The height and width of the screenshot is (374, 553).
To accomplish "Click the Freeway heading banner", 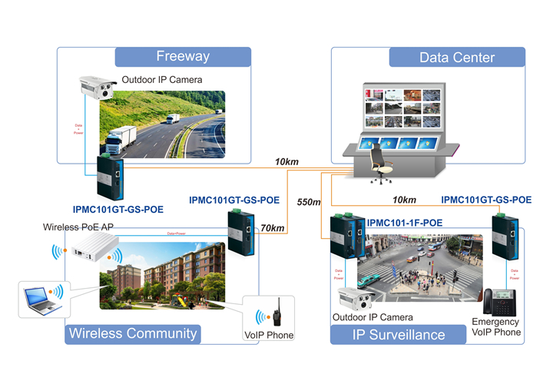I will coord(183,56).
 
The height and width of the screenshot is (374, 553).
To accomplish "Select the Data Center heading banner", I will coord(457,58).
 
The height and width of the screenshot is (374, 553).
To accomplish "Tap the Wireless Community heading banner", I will coord(133,333).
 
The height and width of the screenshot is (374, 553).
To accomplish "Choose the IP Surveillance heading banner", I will coord(398,334).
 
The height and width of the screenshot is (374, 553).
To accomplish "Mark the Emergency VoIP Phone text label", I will coord(495,327).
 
